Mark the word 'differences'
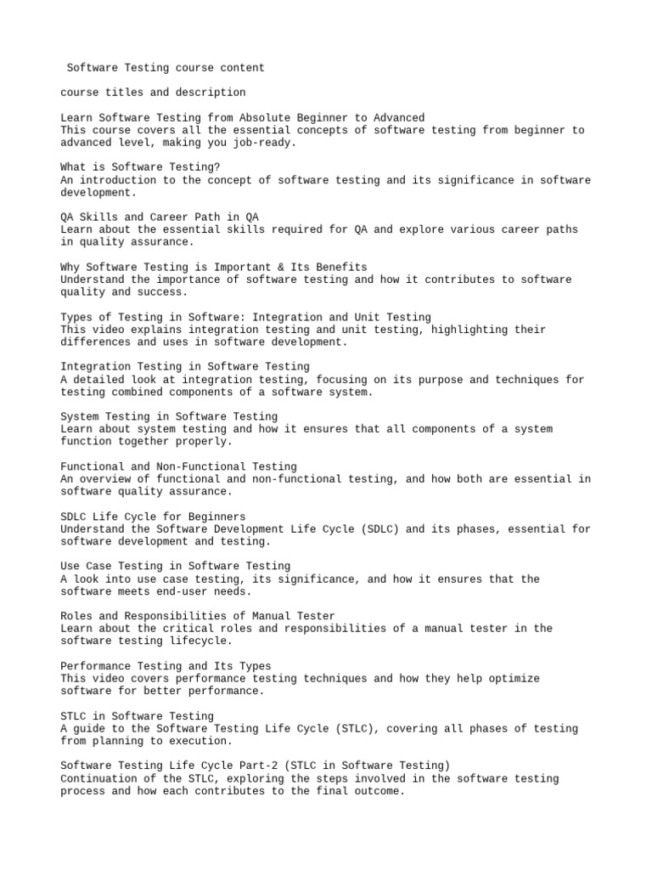tap(96, 342)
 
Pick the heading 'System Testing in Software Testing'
tap(169, 416)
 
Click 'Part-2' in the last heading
tap(249, 766)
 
